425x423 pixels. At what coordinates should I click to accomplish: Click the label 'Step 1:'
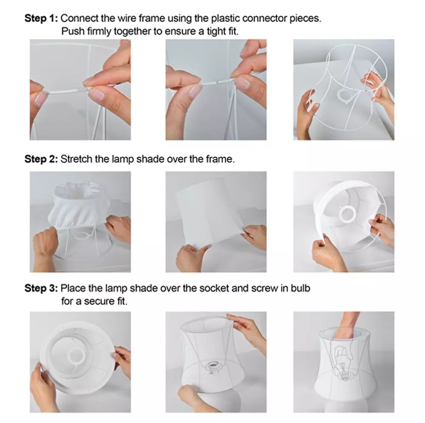coord(41,19)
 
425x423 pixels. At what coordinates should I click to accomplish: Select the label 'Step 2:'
coord(41,160)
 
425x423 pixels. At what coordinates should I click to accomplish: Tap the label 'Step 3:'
coord(41,289)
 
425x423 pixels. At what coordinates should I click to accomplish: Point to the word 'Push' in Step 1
coord(71,31)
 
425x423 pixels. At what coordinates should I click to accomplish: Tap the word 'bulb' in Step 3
coord(301,289)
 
